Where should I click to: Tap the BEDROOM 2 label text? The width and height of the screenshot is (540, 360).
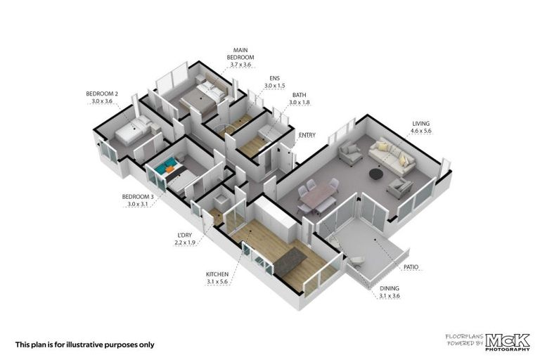102,94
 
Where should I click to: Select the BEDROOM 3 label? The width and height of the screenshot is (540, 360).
137,196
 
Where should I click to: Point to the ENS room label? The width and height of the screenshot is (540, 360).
274,79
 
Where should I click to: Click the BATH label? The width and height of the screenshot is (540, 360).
299,95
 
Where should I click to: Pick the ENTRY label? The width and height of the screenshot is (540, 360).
307,135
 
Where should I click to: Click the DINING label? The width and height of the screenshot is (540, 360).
389,289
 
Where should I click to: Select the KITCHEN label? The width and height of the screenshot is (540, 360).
217,274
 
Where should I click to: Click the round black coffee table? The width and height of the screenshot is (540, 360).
377,173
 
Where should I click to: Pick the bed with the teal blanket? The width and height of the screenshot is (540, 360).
169,169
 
